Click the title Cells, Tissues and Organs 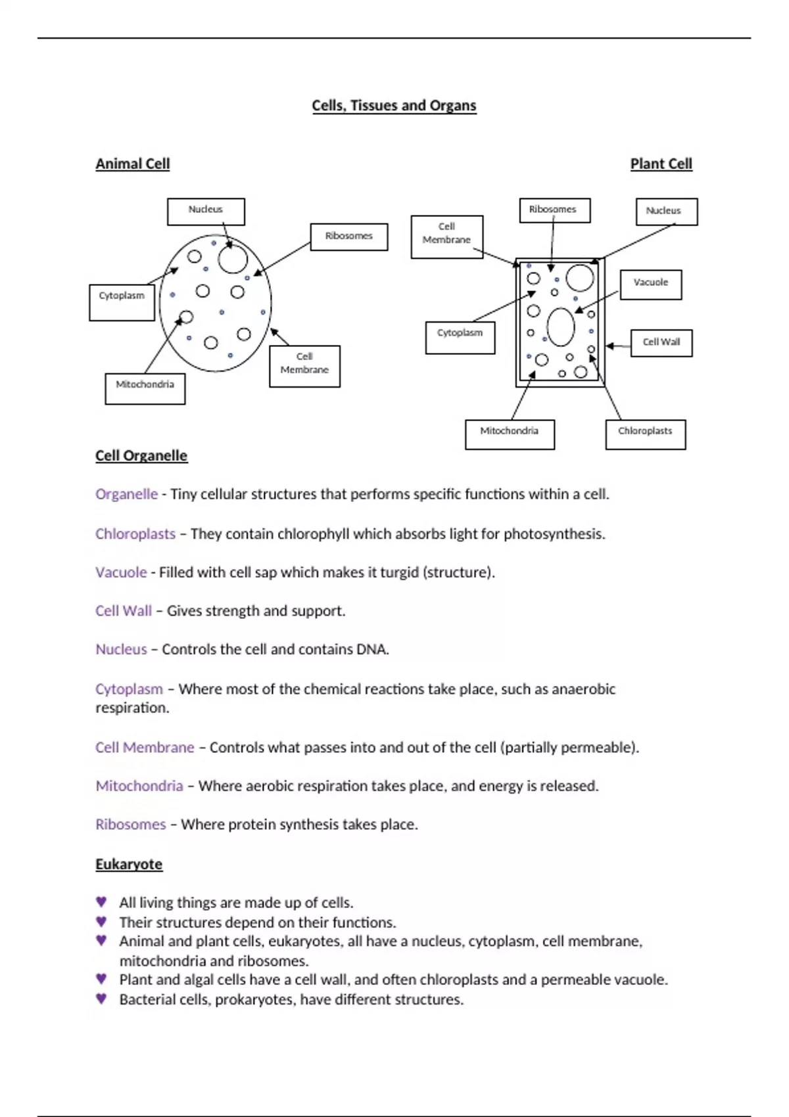click(394, 106)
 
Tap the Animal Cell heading click(132, 164)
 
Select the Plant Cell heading click(661, 164)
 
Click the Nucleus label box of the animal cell click(206, 212)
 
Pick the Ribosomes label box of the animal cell click(348, 237)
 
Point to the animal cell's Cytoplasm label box click(122, 302)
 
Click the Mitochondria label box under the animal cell click(145, 388)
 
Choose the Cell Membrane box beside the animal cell click(304, 366)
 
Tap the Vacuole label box click(650, 285)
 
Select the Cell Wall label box click(661, 342)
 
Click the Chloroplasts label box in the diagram click(645, 434)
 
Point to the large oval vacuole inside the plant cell click(561, 327)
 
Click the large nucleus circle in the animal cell click(233, 258)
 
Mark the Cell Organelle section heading click(141, 456)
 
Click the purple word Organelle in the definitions click(126, 494)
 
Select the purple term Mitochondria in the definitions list click(139, 786)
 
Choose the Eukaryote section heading click(129, 865)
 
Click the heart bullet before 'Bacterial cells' click(101, 999)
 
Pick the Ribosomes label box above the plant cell click(554, 210)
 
